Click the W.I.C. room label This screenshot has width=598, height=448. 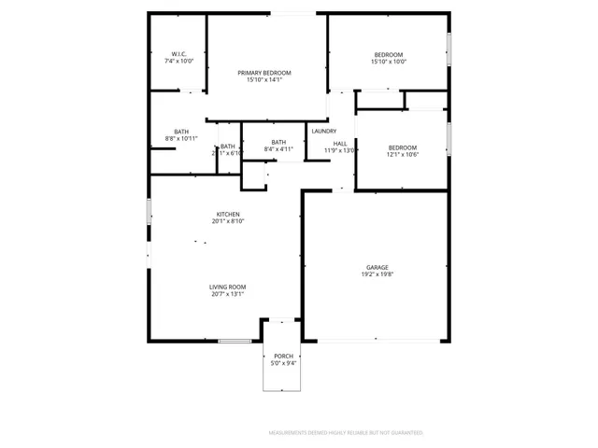pyautogui.click(x=178, y=53)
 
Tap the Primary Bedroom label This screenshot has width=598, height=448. pyautogui.click(x=264, y=73)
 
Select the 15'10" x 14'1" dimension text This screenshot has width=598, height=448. pyautogui.click(x=264, y=80)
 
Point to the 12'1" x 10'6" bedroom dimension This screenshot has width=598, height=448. pyautogui.click(x=402, y=155)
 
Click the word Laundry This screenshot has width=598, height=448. pyautogui.click(x=324, y=132)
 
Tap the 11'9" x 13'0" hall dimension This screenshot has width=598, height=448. pyautogui.click(x=339, y=150)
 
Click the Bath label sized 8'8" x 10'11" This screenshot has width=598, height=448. pyautogui.click(x=181, y=132)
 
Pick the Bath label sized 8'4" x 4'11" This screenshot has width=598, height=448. pyautogui.click(x=278, y=142)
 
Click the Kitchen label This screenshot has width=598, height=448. pyautogui.click(x=228, y=215)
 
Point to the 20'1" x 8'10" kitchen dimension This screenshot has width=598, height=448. pyautogui.click(x=228, y=222)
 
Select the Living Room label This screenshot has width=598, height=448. pyautogui.click(x=227, y=287)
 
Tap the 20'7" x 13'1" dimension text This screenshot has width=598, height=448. pyautogui.click(x=227, y=294)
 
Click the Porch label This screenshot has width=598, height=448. pyautogui.click(x=283, y=356)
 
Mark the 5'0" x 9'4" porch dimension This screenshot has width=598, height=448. pyautogui.click(x=283, y=363)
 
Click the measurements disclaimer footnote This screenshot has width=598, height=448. pyautogui.click(x=346, y=433)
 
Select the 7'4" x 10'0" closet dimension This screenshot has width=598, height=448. pyautogui.click(x=178, y=61)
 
